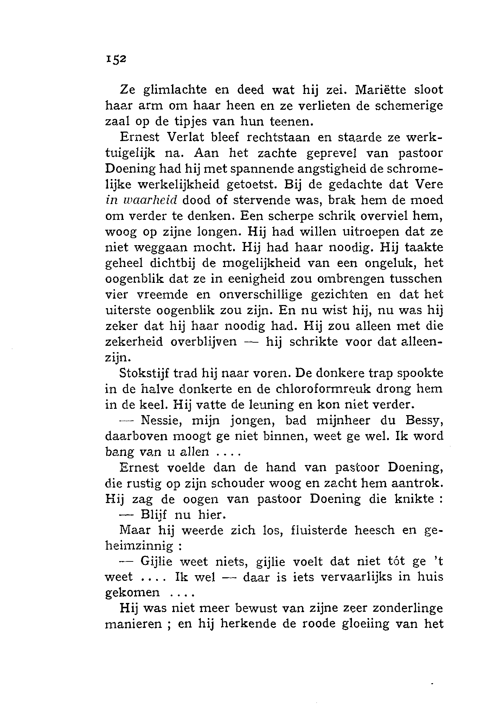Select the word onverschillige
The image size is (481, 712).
(x=261, y=294)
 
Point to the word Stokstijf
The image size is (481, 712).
(x=143, y=373)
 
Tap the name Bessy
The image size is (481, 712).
(x=424, y=421)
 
